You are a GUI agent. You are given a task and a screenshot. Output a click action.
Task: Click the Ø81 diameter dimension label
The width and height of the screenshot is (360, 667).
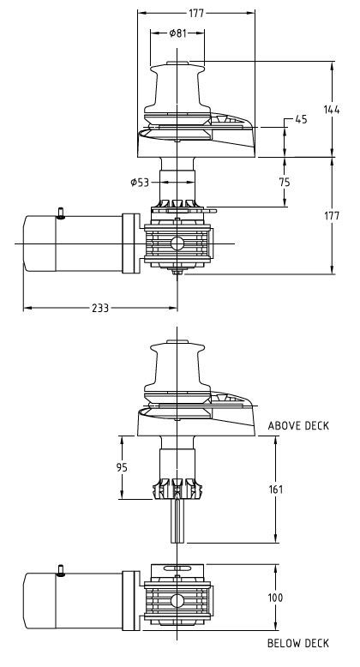point(178,33)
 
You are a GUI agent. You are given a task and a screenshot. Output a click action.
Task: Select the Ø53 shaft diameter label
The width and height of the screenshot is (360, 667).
point(140,183)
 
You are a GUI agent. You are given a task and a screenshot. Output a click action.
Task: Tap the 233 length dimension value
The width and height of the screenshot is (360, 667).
point(100,308)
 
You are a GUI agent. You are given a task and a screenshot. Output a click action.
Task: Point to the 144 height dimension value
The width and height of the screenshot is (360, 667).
point(332,110)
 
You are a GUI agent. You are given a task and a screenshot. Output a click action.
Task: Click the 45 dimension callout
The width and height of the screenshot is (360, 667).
point(301,119)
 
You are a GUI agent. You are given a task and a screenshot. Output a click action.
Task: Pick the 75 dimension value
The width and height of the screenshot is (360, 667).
point(285,182)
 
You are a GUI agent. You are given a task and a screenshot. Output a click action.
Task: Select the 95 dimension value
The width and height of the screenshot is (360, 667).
point(122,467)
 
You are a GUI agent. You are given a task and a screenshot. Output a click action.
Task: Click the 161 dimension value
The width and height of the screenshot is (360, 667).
point(276,490)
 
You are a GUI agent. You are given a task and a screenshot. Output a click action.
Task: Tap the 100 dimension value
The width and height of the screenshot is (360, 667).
point(275,598)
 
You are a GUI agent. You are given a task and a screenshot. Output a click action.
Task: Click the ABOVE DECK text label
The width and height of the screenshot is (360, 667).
point(298,426)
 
